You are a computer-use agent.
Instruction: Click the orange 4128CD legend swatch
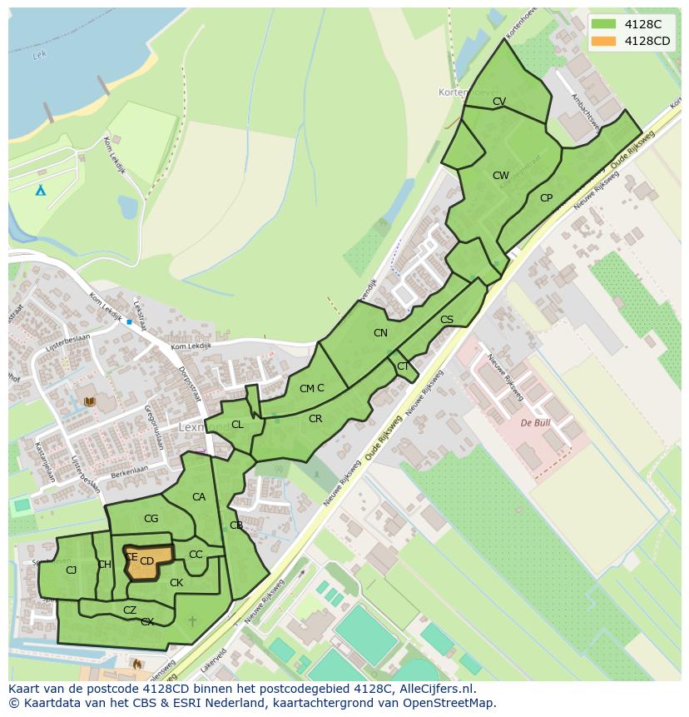[x=605, y=41]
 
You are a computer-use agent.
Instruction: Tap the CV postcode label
[x=499, y=102]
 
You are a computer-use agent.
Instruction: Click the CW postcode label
[x=500, y=176]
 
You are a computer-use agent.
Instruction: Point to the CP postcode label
[x=546, y=198]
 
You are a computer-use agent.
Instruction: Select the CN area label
[x=380, y=333]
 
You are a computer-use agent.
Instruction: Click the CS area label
[x=447, y=320]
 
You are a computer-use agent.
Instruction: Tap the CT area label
[x=403, y=366]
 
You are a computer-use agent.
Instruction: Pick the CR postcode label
[x=315, y=419]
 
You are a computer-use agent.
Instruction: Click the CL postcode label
[x=237, y=425]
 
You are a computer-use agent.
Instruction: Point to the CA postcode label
[x=199, y=497]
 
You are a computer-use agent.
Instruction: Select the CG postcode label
[x=151, y=519]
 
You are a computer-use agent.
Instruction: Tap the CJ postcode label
[x=72, y=570]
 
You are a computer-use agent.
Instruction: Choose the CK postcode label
[x=176, y=583]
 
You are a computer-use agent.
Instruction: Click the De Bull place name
[x=535, y=423]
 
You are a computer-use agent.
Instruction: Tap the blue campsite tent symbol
[x=40, y=190]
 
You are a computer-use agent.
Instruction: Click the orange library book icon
[x=89, y=401]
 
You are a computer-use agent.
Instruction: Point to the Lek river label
[x=37, y=56]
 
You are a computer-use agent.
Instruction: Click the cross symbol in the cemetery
[x=193, y=621]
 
